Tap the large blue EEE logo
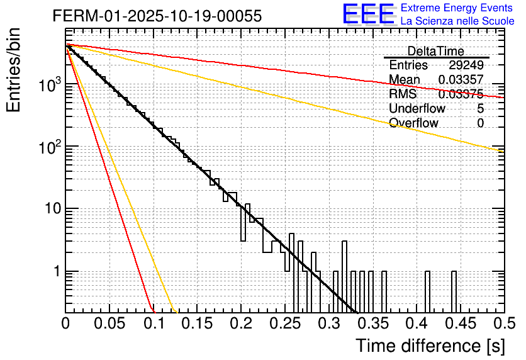coord(368,14)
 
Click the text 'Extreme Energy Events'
coord(457,8)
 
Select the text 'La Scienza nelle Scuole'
coord(457,21)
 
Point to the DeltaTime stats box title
coord(435,51)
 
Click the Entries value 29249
coord(466,65)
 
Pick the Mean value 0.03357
coord(461,80)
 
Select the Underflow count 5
coord(481,109)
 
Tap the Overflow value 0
coord(481,123)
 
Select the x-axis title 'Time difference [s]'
coord(430,346)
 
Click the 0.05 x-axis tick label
coord(109,324)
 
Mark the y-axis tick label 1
coord(55,272)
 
